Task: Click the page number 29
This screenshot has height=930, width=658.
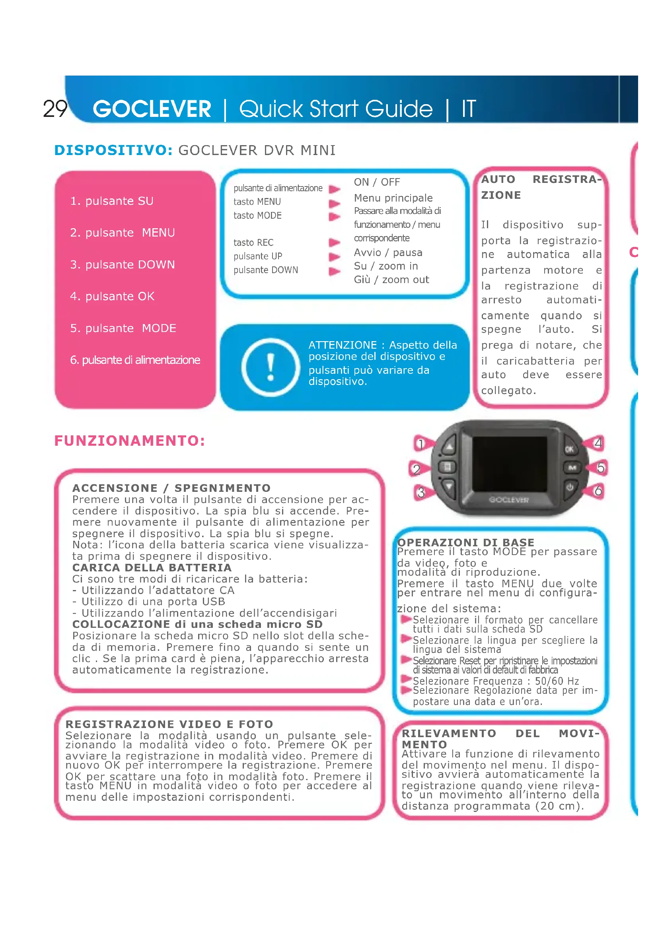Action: pos(55,109)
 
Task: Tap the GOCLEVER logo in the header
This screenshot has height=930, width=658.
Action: pos(152,109)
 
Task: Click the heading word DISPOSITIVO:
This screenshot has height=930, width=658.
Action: pos(113,150)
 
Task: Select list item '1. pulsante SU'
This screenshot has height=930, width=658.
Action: pos(111,201)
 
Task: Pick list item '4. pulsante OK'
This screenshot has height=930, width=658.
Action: pos(112,297)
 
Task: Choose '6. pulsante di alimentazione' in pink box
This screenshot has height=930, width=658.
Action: pos(135,360)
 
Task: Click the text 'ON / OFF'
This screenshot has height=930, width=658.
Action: pos(377,182)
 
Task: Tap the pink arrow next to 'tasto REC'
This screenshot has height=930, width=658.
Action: pos(334,243)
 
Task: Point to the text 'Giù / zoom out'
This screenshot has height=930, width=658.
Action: pos(391,280)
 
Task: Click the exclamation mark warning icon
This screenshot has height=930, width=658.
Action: pos(270,367)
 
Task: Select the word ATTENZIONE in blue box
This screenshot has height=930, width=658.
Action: pos(343,345)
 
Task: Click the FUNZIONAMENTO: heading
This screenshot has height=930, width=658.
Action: pos(130,441)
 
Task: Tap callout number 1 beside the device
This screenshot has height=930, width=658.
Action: pos(421,445)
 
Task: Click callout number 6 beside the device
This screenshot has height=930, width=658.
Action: pos(598,491)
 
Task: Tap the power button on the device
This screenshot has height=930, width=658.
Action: pos(570,487)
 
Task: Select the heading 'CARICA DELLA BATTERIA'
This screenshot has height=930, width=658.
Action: pos(152,567)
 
